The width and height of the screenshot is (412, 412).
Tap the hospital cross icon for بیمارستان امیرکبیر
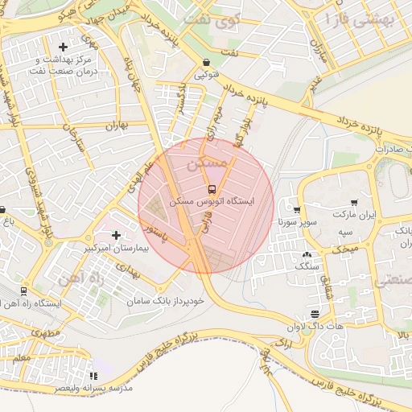[117, 236]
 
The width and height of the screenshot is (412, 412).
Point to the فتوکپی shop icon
[207, 63]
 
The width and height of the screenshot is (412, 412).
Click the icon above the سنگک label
[307, 254]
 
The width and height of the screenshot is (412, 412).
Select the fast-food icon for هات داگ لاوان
[315, 314]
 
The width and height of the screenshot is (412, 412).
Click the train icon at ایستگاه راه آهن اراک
[23, 291]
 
